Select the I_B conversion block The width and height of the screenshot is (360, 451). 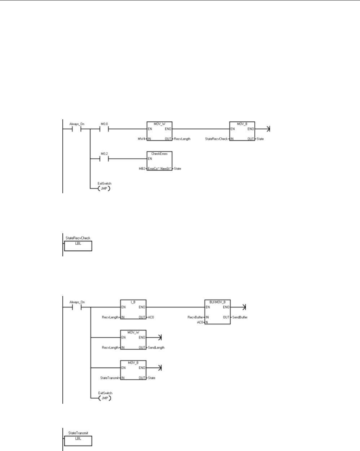coord(133,312)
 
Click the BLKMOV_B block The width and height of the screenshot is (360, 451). coord(217,312)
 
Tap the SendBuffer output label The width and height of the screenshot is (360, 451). coord(240,317)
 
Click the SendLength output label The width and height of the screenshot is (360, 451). coord(156,348)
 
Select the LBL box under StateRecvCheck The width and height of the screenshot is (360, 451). coord(78,246)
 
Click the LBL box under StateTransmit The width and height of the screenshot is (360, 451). coord(78,441)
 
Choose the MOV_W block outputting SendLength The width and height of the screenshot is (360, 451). coord(133,342)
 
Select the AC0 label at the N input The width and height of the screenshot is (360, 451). coord(199,323)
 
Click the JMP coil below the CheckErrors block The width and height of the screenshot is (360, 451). coord(105,188)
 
